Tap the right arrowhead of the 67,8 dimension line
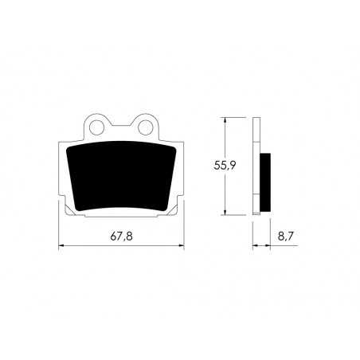[180, 246]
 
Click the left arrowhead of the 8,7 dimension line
[256, 246]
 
